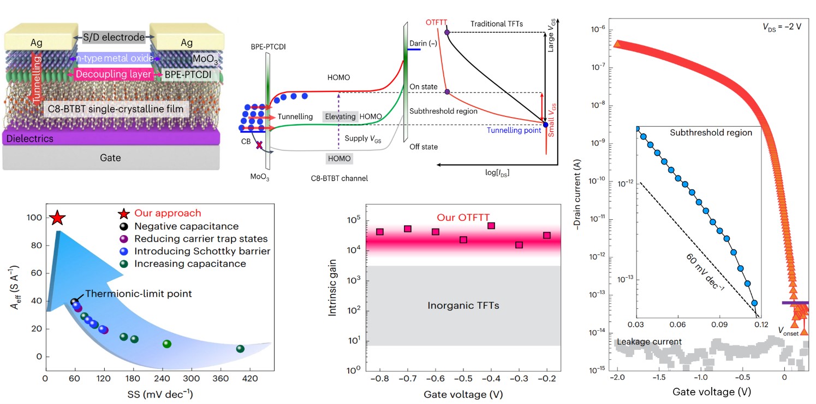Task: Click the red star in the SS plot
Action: tap(57, 219)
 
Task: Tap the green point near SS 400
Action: tap(240, 349)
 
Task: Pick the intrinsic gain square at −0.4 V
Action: tap(491, 226)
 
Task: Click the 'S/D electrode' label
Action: tap(115, 37)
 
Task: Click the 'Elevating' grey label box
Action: tap(340, 117)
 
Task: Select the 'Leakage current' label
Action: tap(647, 342)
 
